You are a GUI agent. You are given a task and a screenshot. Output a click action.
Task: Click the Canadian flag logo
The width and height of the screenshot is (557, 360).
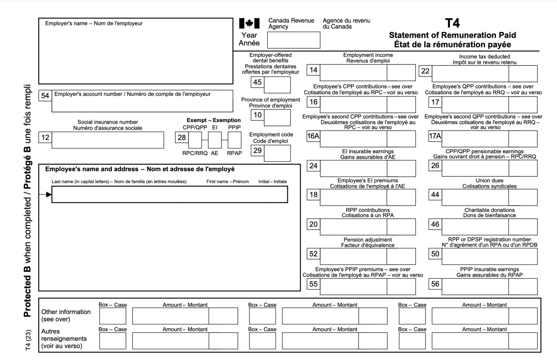249,24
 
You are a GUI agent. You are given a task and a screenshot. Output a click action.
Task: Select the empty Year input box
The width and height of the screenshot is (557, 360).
293,40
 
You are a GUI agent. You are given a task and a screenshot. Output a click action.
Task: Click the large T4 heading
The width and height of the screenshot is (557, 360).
452,23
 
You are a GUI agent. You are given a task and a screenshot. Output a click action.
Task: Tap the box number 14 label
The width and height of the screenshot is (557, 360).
313,70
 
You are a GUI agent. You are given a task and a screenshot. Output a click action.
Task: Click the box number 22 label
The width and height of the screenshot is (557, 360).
425,71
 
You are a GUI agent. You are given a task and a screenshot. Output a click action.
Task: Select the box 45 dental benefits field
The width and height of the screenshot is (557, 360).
277,85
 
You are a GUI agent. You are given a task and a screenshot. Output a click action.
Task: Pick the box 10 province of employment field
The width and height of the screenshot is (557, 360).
277,117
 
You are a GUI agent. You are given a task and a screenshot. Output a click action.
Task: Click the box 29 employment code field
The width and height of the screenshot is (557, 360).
277,153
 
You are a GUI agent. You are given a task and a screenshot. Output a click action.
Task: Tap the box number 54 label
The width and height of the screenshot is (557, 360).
45,96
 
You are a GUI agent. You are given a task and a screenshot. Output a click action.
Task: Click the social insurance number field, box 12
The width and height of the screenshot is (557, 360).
108,140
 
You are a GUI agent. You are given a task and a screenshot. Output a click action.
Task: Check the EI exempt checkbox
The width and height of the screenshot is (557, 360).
215,140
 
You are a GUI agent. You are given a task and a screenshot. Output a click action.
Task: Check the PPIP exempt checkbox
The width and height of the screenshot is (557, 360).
234,140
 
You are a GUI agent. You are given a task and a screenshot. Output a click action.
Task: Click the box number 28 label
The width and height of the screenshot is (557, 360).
181,137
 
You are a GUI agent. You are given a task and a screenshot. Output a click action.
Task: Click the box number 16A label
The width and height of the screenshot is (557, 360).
313,136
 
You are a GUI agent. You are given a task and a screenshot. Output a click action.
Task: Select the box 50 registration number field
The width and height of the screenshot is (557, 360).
489,257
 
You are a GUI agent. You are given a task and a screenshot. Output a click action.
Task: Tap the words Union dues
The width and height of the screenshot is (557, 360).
489,180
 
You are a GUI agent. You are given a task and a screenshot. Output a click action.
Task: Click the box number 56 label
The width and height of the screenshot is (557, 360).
435,284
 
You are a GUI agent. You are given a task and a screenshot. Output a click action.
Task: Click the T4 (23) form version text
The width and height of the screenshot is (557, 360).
28,340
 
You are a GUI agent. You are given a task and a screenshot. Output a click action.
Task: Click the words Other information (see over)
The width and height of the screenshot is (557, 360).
66,315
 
